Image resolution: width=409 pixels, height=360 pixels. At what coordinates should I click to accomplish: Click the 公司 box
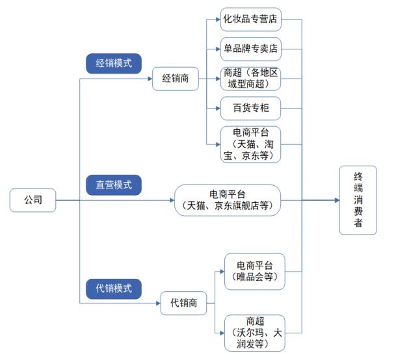(x=33, y=200)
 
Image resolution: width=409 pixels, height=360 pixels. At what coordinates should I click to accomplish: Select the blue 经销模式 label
(x=114, y=64)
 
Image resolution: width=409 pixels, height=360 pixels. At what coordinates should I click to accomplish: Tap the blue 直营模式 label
(x=114, y=185)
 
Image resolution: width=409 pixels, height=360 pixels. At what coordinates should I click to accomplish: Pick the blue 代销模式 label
(x=114, y=289)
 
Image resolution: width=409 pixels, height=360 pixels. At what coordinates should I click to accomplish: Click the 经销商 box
(x=176, y=79)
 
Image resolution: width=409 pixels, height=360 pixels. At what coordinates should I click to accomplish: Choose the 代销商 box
(x=183, y=303)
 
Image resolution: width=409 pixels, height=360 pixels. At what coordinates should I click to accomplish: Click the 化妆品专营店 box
(x=251, y=19)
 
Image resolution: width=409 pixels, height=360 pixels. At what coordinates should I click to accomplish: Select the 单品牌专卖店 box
(x=251, y=49)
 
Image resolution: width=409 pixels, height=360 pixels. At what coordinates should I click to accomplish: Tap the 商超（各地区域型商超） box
(x=251, y=79)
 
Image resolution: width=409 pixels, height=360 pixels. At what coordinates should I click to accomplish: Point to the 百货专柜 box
(x=251, y=108)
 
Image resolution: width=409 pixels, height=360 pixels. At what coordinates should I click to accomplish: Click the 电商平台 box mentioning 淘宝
(x=251, y=144)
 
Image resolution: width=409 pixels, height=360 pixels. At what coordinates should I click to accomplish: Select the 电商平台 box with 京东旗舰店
(x=228, y=200)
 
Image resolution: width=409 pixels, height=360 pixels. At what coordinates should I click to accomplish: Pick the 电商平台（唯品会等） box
(x=255, y=272)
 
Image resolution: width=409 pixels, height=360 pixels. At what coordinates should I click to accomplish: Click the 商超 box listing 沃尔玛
(x=255, y=333)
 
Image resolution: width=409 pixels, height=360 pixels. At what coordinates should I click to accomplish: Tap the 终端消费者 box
(x=358, y=200)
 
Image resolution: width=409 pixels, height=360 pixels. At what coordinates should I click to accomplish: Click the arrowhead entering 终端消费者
(x=337, y=200)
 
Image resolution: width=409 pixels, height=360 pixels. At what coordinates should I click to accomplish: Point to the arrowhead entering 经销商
(x=150, y=79)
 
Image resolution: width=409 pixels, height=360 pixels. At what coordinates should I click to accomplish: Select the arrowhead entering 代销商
(x=158, y=303)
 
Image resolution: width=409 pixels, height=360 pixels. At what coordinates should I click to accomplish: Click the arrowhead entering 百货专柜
(x=218, y=108)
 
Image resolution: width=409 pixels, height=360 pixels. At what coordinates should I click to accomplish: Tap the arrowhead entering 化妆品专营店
(x=218, y=19)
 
